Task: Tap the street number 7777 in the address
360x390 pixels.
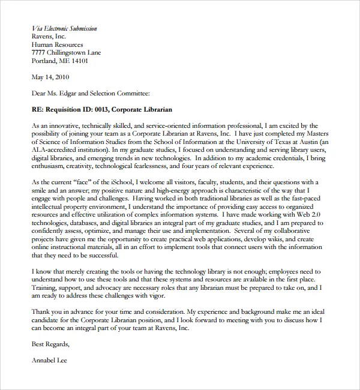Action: coord(39,52)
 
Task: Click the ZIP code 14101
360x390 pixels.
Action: coord(79,61)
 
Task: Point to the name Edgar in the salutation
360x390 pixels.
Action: coord(71,93)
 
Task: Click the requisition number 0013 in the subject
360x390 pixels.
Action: coord(101,110)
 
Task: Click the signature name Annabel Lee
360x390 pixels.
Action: coord(49,361)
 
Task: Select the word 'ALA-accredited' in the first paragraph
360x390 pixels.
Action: coord(55,150)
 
